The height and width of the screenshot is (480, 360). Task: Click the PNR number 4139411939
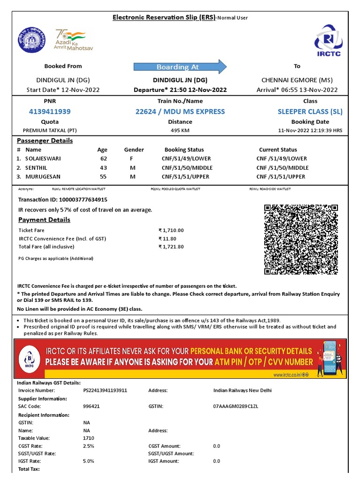pos(50,112)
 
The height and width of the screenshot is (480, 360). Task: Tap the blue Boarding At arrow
pos(180,67)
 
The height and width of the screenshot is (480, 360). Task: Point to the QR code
pos(301,240)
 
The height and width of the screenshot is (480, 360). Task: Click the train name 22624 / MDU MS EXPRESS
pos(180,112)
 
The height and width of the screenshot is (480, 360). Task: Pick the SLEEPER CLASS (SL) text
pos(310,112)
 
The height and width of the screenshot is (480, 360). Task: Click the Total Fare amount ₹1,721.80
pos(171,247)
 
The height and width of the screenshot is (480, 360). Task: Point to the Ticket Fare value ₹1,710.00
pos(171,230)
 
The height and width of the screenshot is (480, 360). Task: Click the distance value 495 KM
pos(180,130)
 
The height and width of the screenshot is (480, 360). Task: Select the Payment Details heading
pos(44,220)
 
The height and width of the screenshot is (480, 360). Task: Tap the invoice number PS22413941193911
pos(105,390)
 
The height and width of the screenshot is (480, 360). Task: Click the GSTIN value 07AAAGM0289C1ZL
pos(235,406)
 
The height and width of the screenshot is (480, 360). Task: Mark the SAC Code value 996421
pos(91,406)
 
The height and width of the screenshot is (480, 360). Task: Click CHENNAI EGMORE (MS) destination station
pos(297,80)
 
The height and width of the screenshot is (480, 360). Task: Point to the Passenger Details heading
pos(45,141)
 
